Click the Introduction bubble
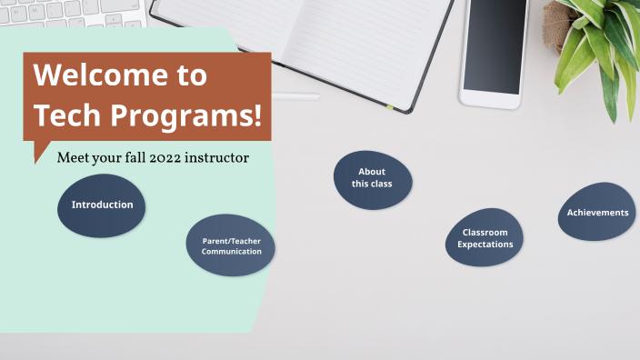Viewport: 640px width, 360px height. coord(102,205)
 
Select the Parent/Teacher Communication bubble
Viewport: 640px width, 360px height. coord(231,245)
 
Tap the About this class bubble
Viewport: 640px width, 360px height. coord(372,179)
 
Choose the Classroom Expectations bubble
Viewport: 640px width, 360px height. coord(485,239)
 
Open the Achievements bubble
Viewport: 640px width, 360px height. coord(596,212)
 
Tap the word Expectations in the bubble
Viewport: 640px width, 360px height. coord(485,245)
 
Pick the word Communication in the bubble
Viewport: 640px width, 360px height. coord(231,251)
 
